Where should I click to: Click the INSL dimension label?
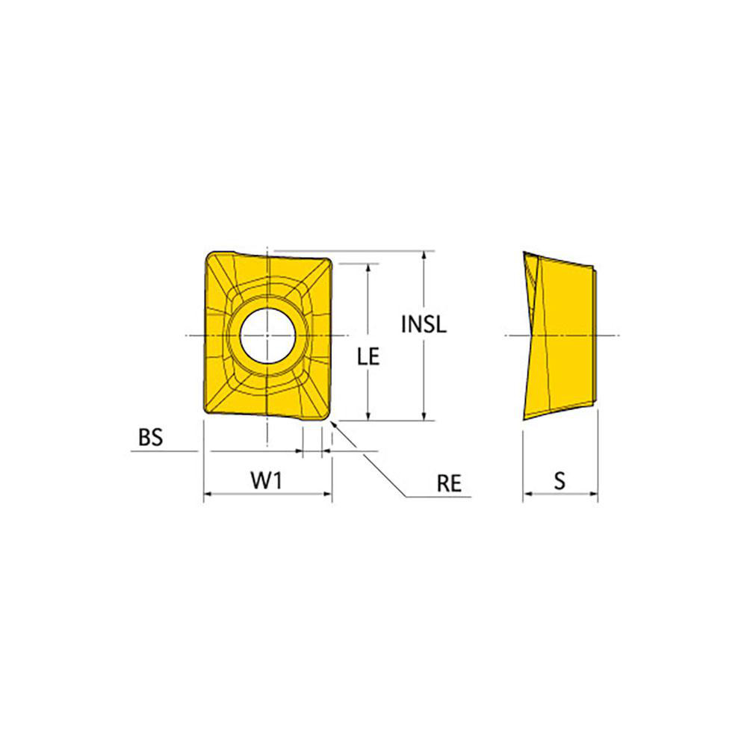424,324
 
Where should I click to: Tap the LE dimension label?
368,357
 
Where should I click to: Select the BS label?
151,437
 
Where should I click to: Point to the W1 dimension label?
267,480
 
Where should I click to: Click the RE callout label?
449,483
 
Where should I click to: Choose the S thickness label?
560,480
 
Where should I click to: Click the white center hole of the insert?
267,336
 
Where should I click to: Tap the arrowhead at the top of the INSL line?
424,255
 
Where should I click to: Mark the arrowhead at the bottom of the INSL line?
424,415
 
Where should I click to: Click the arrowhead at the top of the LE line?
368,268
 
